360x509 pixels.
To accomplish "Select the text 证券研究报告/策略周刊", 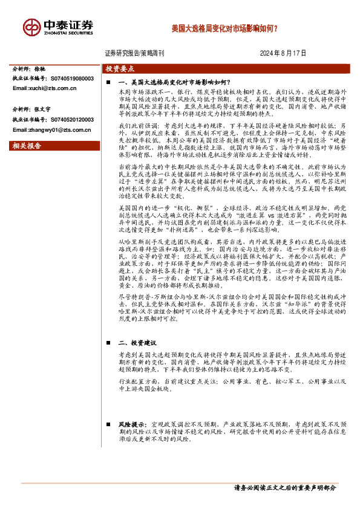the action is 138,53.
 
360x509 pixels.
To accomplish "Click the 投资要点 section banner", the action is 119,70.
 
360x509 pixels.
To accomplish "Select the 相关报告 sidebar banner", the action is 28,146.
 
